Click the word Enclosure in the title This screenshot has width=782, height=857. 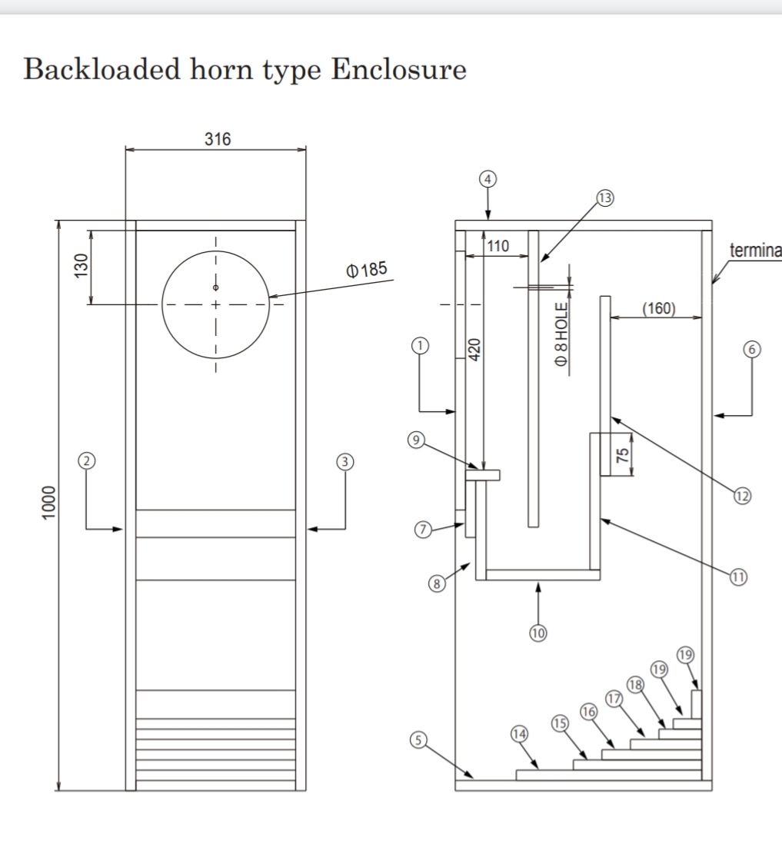click(398, 69)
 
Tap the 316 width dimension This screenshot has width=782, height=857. click(218, 139)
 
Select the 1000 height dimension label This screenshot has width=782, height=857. click(48, 502)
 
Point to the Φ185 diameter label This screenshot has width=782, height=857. click(366, 270)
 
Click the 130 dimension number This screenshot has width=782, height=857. click(81, 265)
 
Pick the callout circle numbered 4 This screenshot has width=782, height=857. click(488, 179)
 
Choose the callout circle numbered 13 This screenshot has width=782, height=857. click(605, 198)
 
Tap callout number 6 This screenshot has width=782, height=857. click(752, 349)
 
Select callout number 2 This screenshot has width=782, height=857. click(86, 461)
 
